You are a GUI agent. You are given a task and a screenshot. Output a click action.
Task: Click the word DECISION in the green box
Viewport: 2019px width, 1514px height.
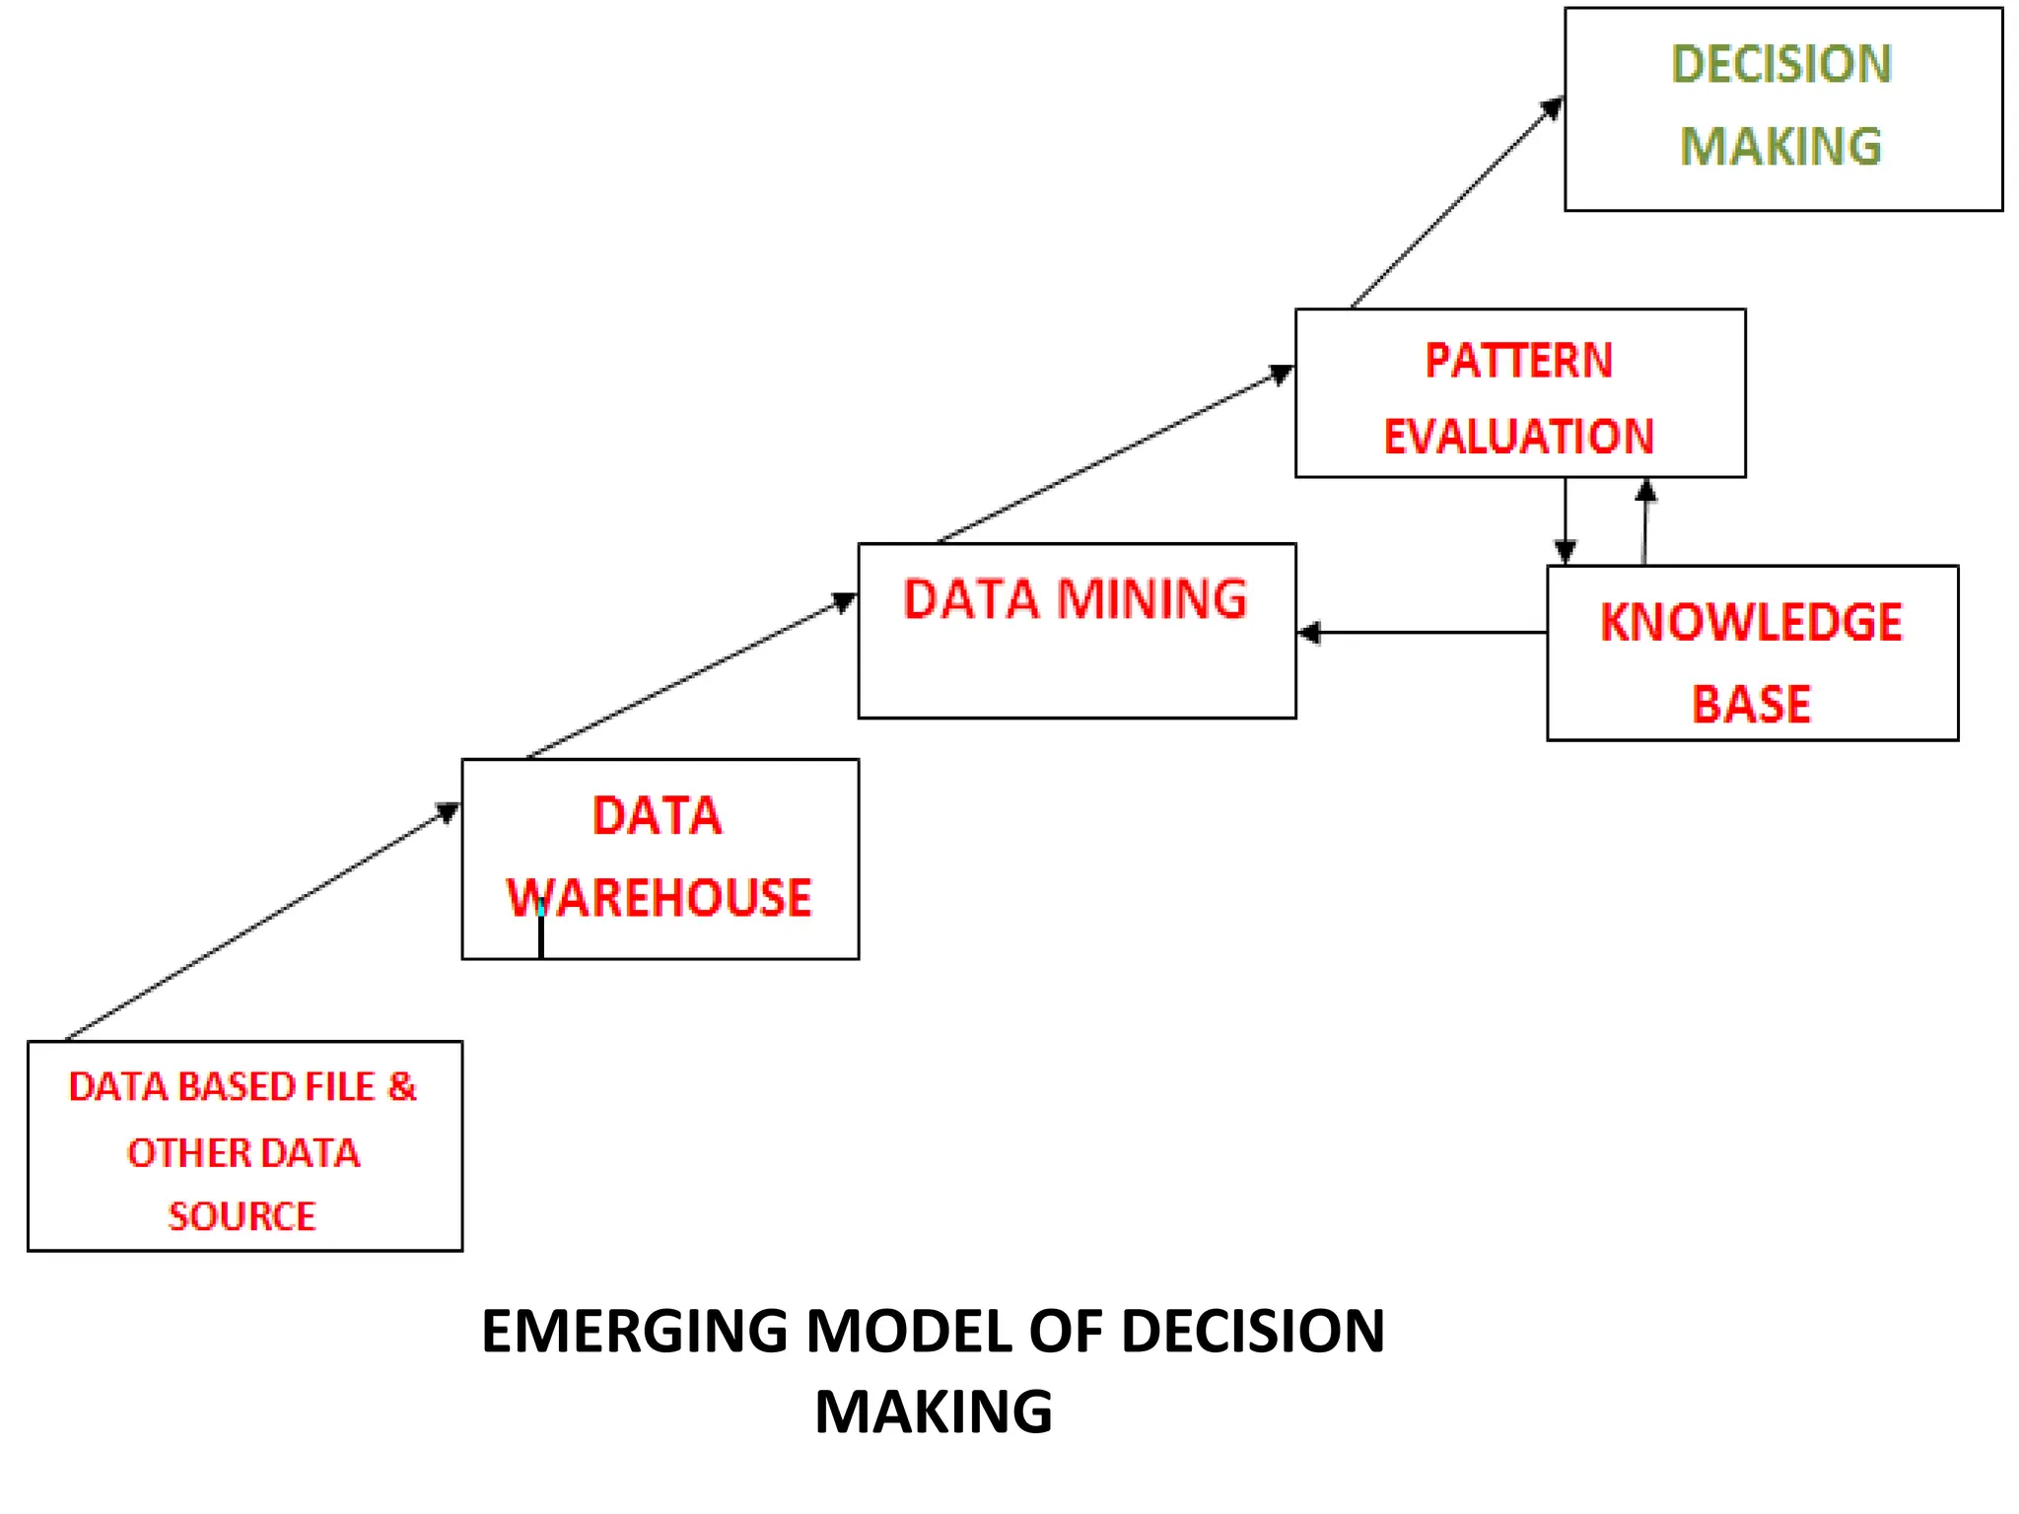pyautogui.click(x=1780, y=65)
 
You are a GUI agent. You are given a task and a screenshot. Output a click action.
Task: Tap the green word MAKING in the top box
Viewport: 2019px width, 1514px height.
pyautogui.click(x=1780, y=147)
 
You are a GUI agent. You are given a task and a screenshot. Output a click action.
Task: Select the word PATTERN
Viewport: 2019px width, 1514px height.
pyautogui.click(x=1518, y=361)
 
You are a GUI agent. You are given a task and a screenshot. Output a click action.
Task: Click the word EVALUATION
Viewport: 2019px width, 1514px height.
pyautogui.click(x=1518, y=437)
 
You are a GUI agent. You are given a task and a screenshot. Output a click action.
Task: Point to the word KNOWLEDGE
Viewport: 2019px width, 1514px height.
pyautogui.click(x=1751, y=623)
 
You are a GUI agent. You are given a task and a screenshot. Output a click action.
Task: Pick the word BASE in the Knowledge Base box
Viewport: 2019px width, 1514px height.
pyautogui.click(x=1751, y=705)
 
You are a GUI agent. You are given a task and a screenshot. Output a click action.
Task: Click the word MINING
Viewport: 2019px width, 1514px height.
pyautogui.click(x=1151, y=599)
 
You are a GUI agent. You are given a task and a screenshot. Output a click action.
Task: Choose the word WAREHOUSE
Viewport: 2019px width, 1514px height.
pyautogui.click(x=659, y=898)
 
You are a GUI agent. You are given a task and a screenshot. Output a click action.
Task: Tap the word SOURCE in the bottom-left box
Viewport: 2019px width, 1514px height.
pyautogui.click(x=242, y=1216)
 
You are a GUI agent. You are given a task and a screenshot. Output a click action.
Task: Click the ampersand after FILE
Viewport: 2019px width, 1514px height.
pyautogui.click(x=401, y=1086)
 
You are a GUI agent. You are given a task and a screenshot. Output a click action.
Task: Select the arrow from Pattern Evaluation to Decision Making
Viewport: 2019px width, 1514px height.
pyautogui.click(x=1455, y=203)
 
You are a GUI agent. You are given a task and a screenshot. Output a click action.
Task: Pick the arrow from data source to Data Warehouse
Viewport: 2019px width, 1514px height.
pyautogui.click(x=261, y=922)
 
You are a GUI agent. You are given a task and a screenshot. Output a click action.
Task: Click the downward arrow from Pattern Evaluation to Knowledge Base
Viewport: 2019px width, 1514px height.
pyautogui.click(x=1566, y=521)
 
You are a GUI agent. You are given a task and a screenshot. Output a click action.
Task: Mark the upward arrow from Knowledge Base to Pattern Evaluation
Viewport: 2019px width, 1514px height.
pyautogui.click(x=1644, y=521)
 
